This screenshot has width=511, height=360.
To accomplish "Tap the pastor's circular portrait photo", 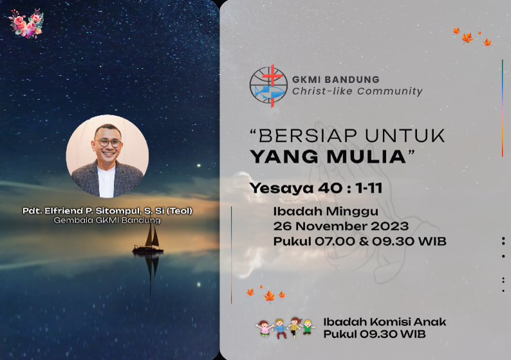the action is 107,156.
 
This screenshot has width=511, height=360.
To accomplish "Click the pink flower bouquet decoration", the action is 26,23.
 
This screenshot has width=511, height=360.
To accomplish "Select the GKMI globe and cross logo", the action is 268,86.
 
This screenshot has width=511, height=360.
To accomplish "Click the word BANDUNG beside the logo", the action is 352,80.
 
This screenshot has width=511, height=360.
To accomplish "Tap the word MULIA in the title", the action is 366,156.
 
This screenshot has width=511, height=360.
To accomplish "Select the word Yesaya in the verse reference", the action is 281,189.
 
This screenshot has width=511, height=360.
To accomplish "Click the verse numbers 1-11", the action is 369,188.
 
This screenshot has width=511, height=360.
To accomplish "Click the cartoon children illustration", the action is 285,328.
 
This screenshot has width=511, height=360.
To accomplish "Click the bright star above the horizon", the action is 199,166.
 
